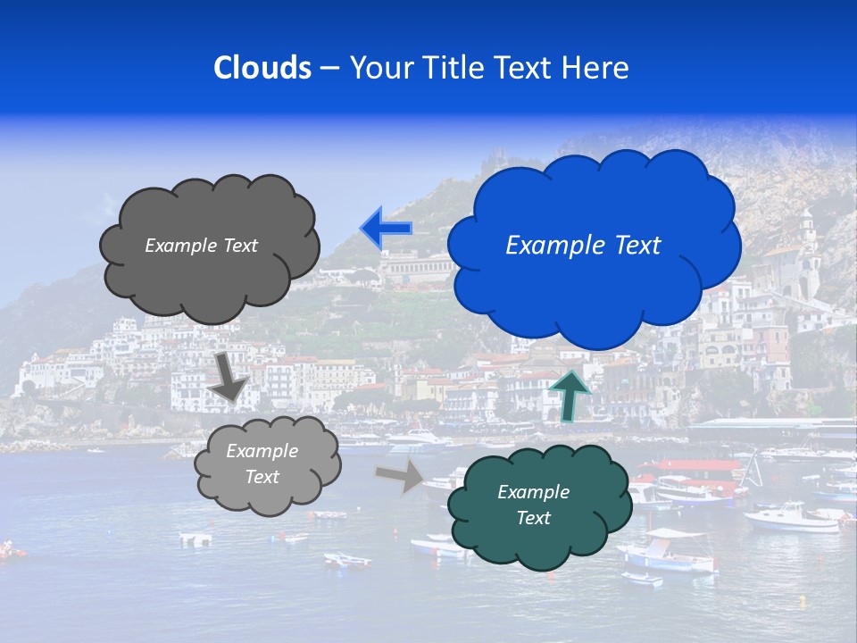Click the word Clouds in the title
tap(262, 68)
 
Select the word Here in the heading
tap(599, 68)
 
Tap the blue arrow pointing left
tap(386, 228)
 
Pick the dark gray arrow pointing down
tap(228, 375)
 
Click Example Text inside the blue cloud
tap(583, 246)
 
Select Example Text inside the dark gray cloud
tap(201, 246)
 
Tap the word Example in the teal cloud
tap(533, 492)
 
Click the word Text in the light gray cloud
tap(262, 477)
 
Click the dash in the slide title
tap(329, 68)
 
